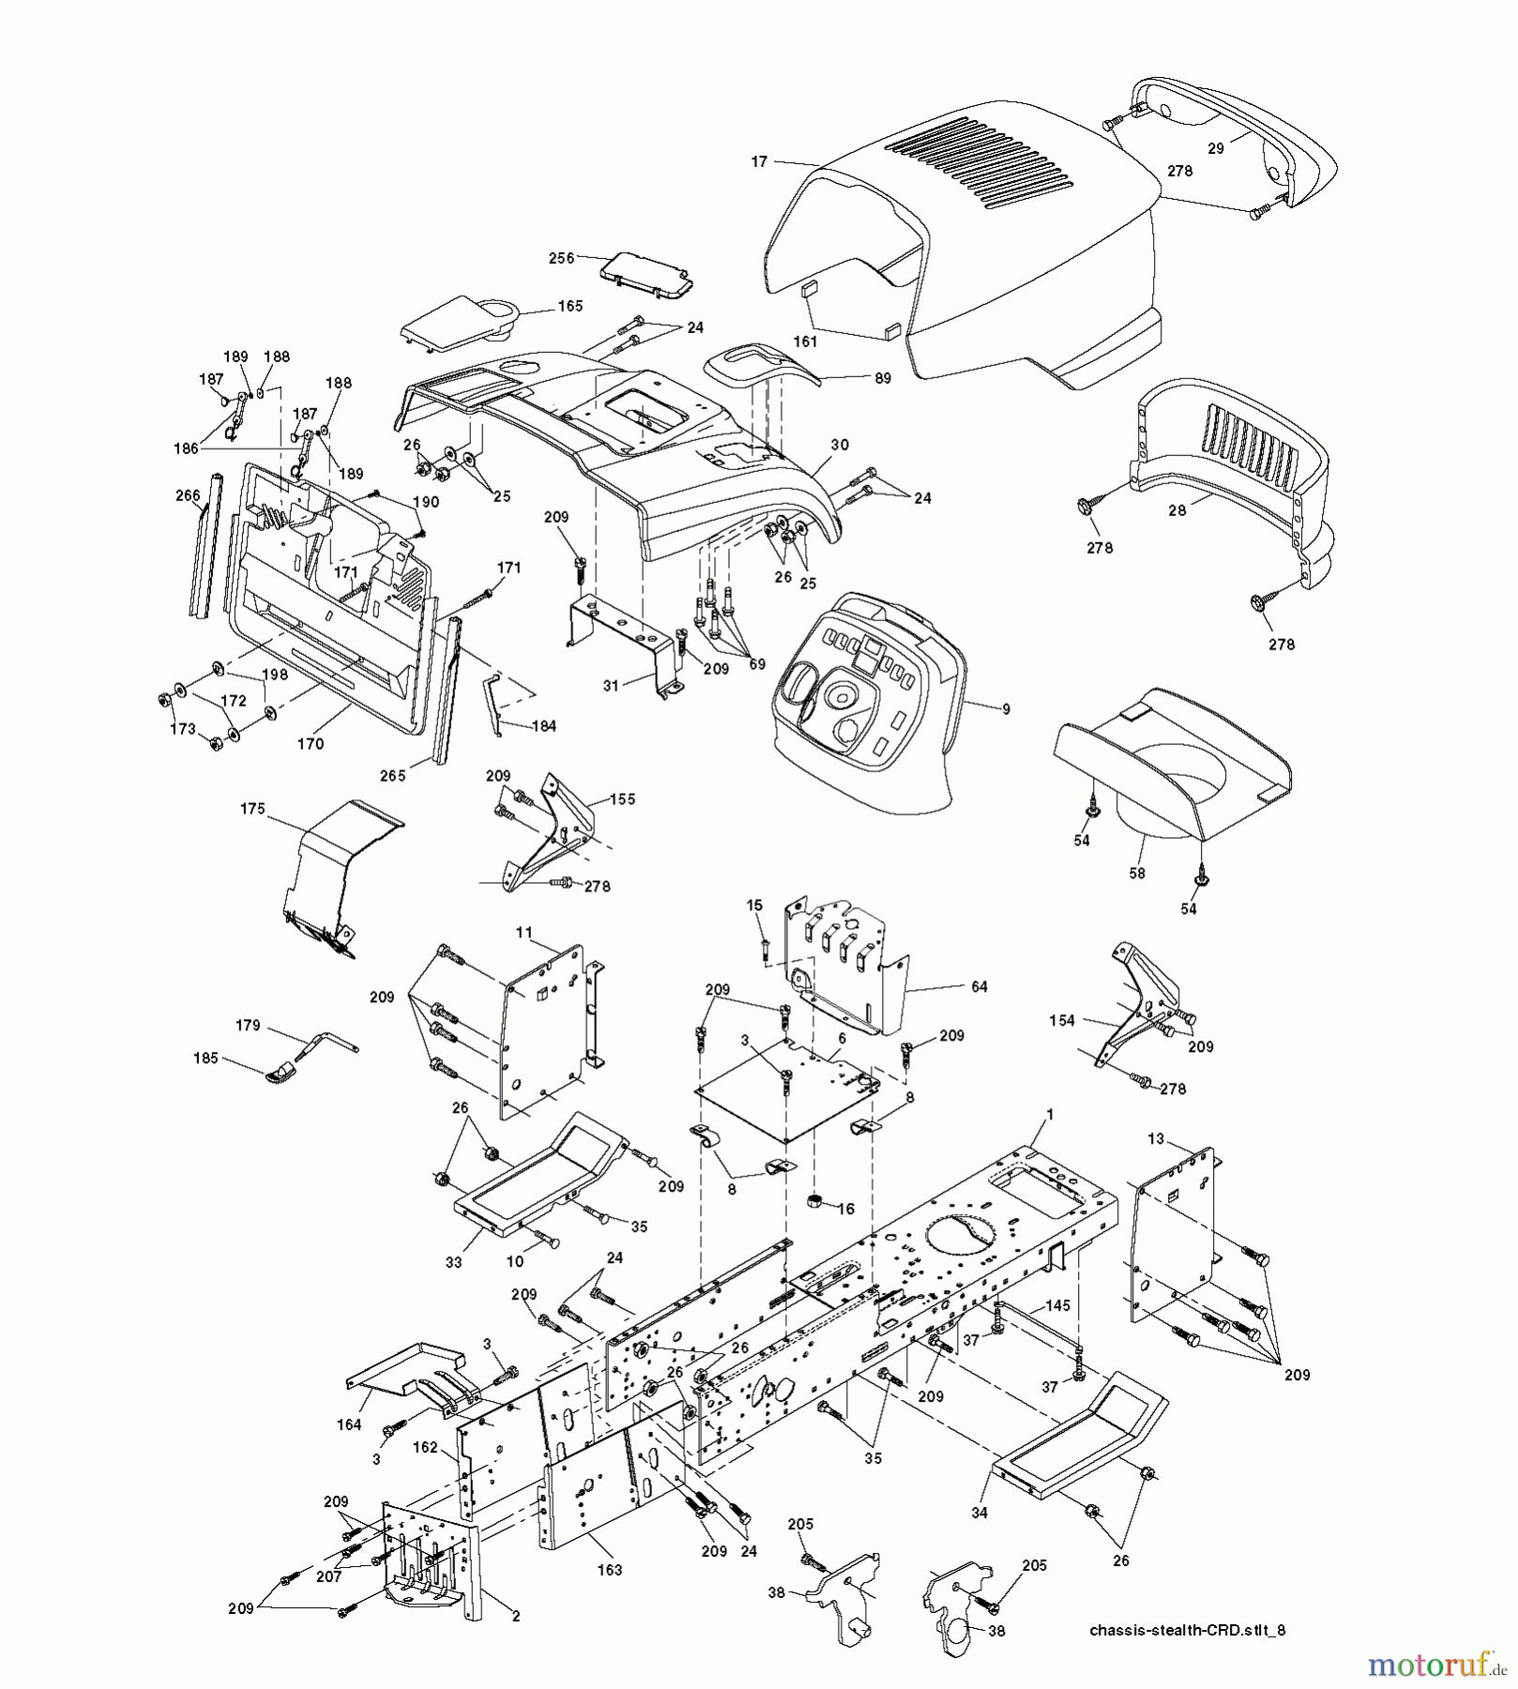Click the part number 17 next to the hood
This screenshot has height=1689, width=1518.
click(x=759, y=162)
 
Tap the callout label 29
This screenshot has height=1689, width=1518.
click(x=1216, y=148)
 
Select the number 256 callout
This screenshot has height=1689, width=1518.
click(x=562, y=259)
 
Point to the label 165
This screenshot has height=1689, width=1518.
click(x=570, y=306)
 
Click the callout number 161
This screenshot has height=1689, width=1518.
click(x=805, y=342)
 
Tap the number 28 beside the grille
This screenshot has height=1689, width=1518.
click(x=1176, y=510)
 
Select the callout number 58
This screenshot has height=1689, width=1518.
click(x=1137, y=874)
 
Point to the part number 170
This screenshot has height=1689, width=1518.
click(x=310, y=744)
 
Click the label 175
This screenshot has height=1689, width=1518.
click(x=252, y=808)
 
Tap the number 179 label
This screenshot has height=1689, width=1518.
click(x=248, y=1026)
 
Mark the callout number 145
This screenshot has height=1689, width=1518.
click(x=1057, y=1305)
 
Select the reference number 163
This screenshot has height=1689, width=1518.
click(x=610, y=1570)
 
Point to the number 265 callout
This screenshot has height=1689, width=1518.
click(x=392, y=775)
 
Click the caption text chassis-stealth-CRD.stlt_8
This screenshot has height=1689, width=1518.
click(x=1187, y=1630)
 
